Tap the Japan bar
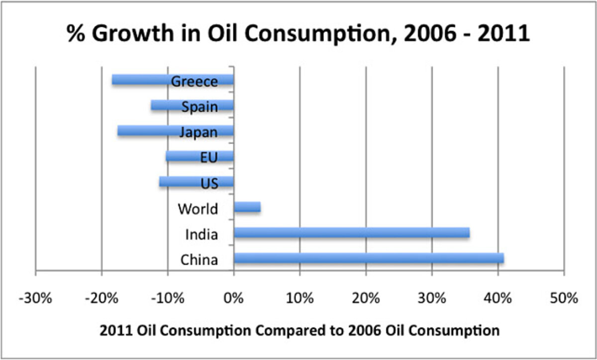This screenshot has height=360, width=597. pos(144,131)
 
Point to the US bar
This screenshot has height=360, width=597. pos(179,182)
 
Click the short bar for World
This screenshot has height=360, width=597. pos(247,207)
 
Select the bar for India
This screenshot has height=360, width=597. pos(351,233)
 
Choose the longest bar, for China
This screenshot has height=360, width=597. pos(369,258)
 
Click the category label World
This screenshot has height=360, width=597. pos(198,209)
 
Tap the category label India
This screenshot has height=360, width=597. pos(201,234)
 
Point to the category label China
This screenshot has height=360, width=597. pos(200,260)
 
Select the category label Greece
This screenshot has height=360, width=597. pos(194,82)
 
